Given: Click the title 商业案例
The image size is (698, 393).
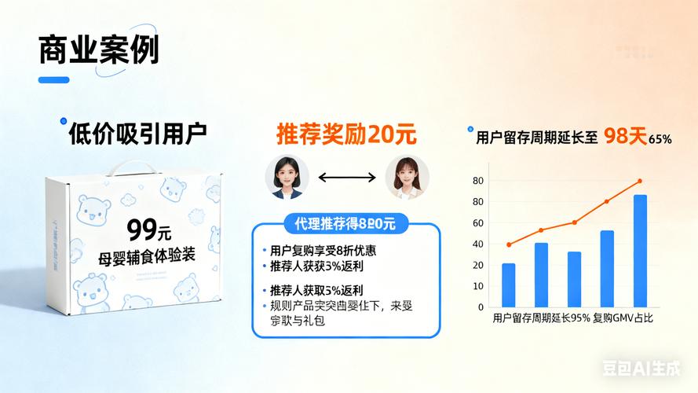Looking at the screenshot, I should pos(98,50).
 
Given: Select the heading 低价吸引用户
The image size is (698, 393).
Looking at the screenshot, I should pos(137,133).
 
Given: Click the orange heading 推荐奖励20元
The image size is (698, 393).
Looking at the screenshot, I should pos(346,134).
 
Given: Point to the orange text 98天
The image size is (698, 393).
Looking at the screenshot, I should pos(625,136).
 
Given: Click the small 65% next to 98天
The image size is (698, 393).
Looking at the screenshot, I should pos(660,139).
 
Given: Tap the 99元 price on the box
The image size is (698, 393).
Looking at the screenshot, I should pos(149,230).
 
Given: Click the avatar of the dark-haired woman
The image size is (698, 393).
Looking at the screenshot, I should pos(285,177).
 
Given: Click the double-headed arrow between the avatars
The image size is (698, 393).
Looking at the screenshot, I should pos(346,178).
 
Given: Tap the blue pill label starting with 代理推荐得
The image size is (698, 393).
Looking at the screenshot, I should pos(345,224).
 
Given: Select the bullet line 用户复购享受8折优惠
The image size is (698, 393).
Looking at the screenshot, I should pos(322,251).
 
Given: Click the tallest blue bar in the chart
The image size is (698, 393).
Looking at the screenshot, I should pos(640,251).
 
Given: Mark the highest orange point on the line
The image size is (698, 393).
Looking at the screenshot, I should pos(640,182).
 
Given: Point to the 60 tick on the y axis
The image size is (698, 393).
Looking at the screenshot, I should pos(479,223).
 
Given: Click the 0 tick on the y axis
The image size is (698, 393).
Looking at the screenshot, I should pos(481,307).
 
